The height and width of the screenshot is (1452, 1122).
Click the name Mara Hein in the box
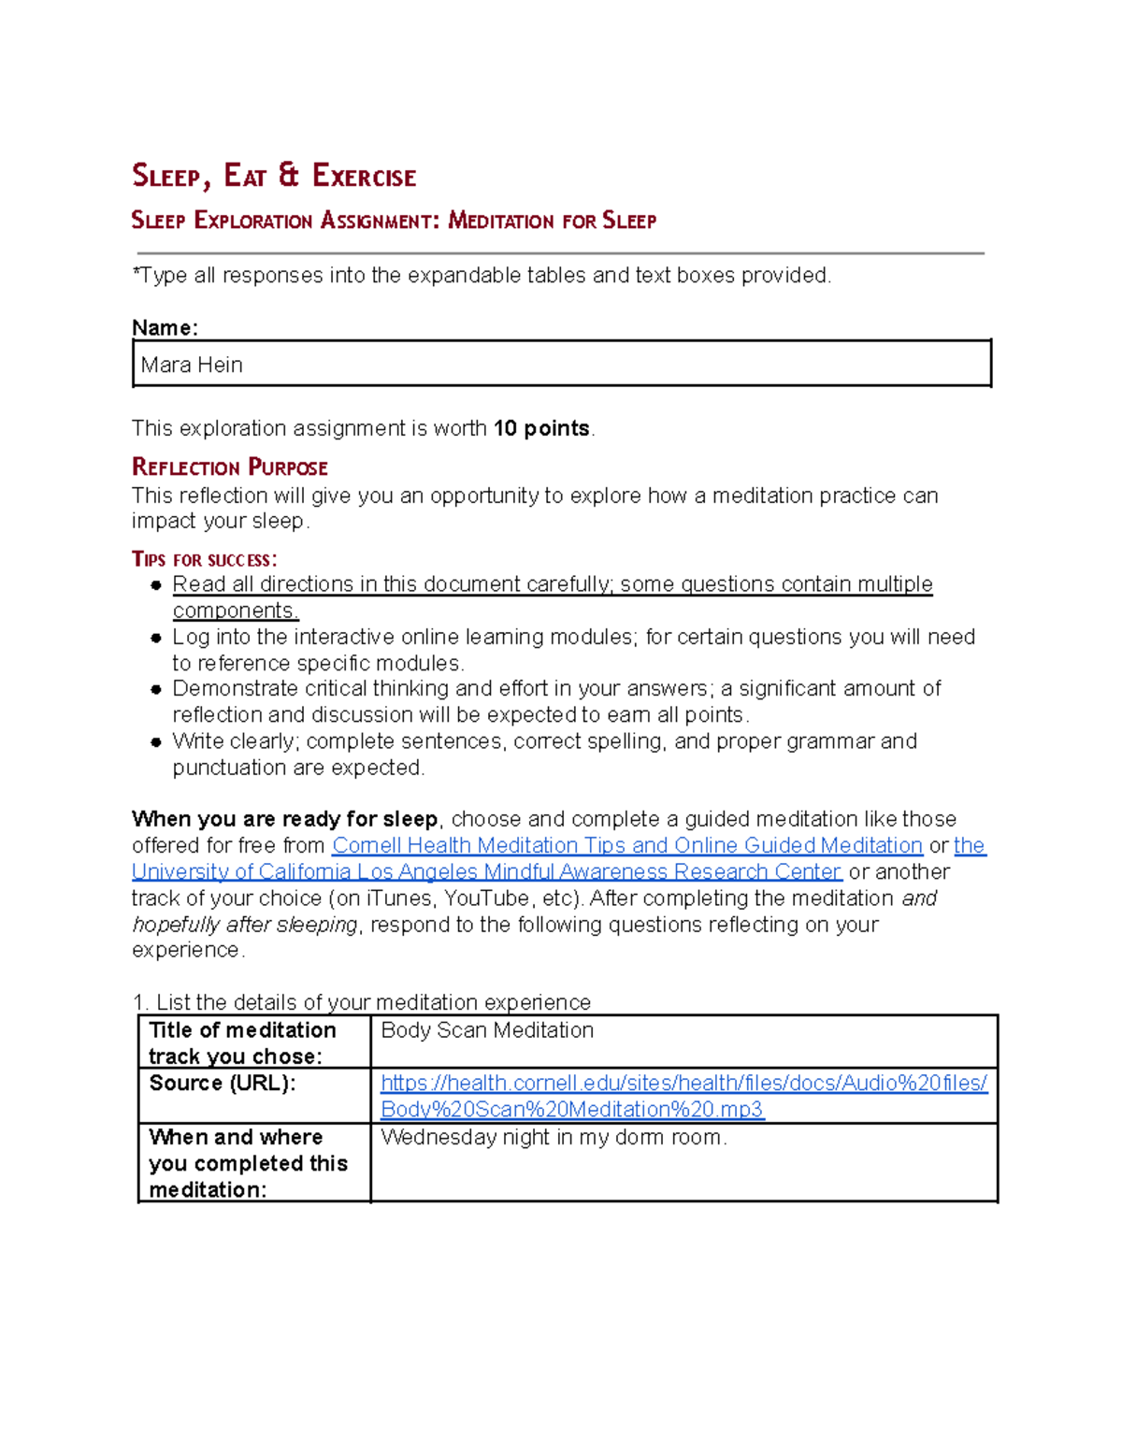click(192, 365)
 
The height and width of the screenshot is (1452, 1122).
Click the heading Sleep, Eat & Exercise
click(274, 176)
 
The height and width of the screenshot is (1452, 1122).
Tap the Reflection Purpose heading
click(230, 467)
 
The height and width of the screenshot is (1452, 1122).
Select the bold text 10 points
click(541, 428)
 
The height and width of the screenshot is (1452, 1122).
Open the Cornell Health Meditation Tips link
click(626, 845)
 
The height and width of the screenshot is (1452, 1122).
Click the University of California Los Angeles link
click(486, 871)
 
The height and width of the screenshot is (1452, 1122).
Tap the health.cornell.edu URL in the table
click(683, 1096)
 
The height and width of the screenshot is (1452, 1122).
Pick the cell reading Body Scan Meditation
click(487, 1030)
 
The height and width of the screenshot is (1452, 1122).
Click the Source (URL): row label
click(223, 1083)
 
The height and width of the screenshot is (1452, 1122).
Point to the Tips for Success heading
click(204, 559)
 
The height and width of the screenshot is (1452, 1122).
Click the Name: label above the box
click(165, 328)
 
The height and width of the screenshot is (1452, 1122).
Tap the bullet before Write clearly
click(156, 742)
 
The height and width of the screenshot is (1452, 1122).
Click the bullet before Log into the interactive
click(156, 638)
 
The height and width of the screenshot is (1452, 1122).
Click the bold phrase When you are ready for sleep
click(285, 819)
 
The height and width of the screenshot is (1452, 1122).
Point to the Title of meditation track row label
click(242, 1042)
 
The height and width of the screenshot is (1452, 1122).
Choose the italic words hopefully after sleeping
click(245, 924)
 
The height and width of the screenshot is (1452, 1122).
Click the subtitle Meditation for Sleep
click(552, 221)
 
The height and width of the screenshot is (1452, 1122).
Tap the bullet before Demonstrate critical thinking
click(156, 689)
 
